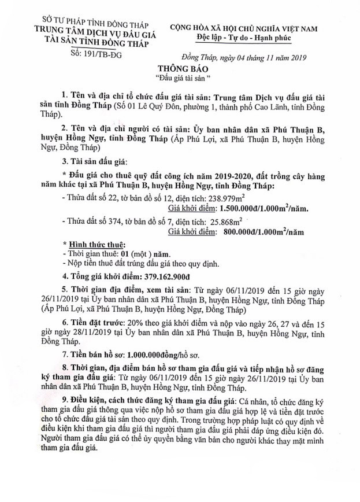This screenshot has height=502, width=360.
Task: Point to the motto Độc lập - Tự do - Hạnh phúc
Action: (243, 38)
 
